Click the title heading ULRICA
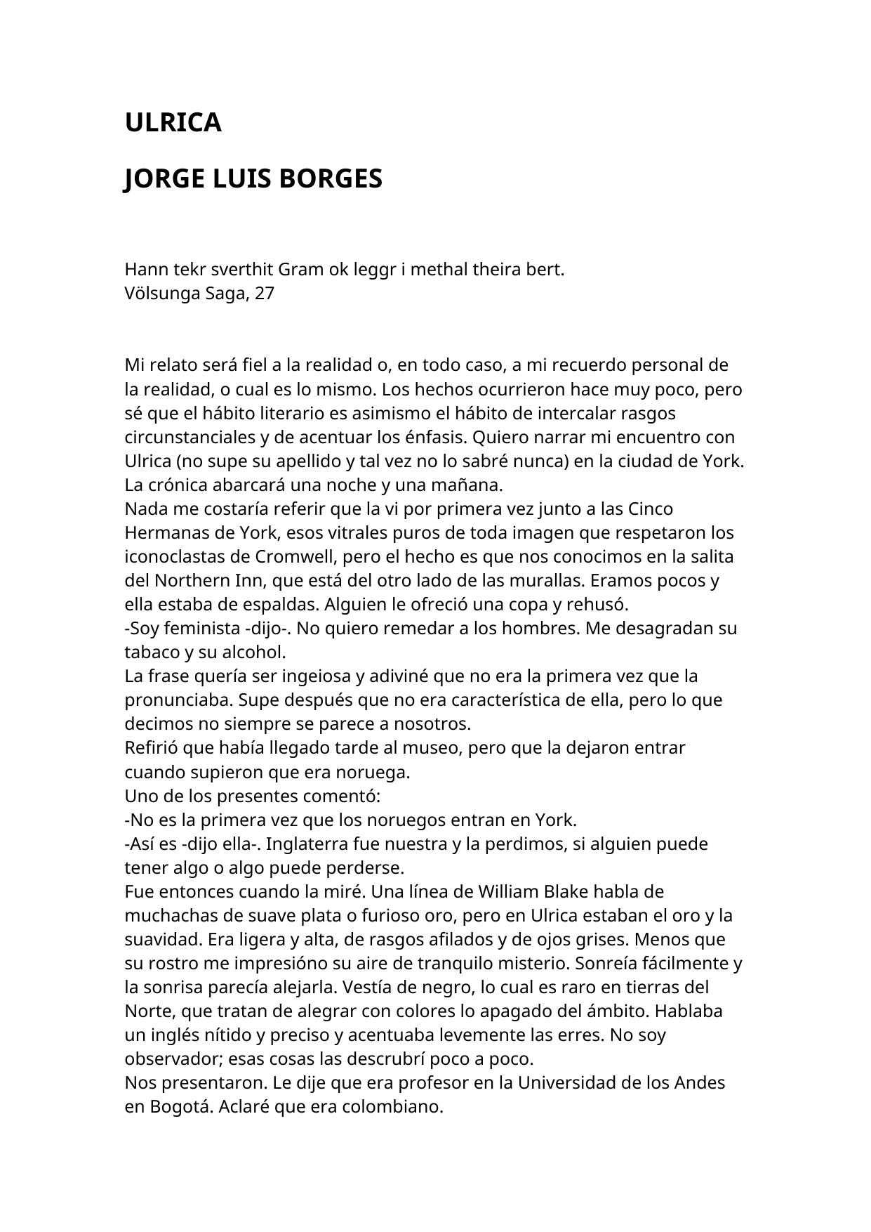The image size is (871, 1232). (x=173, y=123)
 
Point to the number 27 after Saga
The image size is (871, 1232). (x=264, y=294)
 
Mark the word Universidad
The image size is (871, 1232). (x=577, y=1083)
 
